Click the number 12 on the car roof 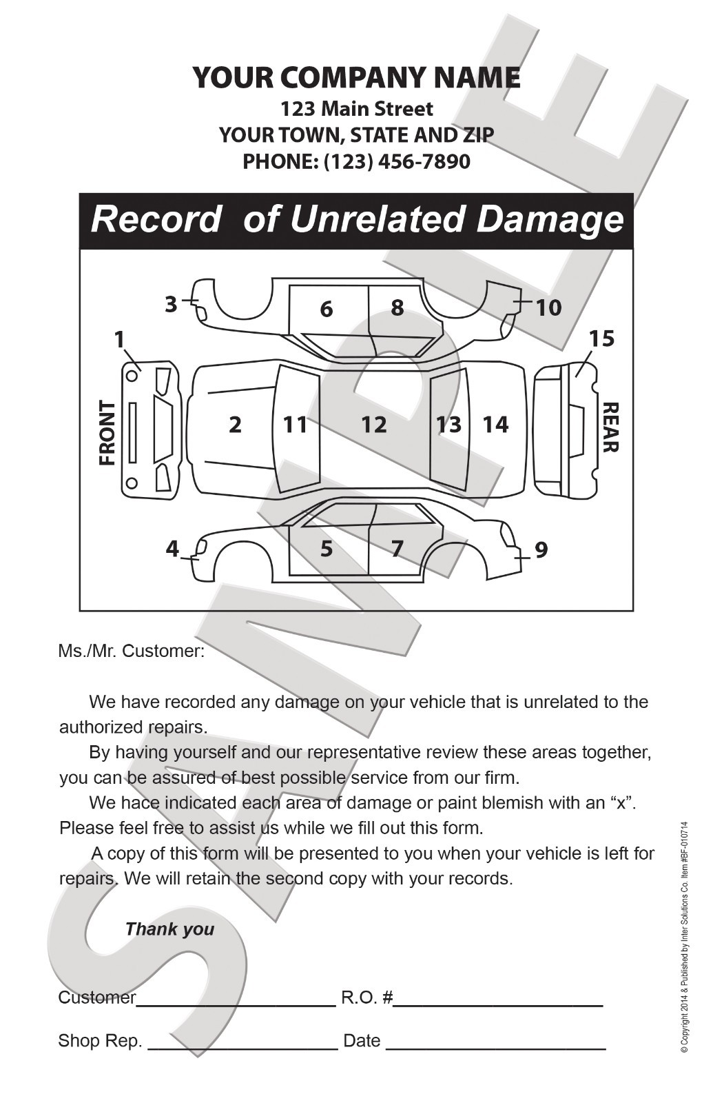[374, 425]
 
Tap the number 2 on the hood [236, 425]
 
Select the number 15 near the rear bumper [601, 338]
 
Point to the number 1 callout [119, 339]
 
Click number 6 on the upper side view [327, 309]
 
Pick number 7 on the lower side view [397, 549]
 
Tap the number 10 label [548, 307]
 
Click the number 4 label [172, 549]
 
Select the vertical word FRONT [107, 433]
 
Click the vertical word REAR [610, 427]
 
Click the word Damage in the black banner [550, 220]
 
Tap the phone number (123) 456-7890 [397, 162]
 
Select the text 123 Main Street [356, 109]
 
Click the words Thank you [169, 929]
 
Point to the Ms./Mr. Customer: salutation [131, 651]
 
